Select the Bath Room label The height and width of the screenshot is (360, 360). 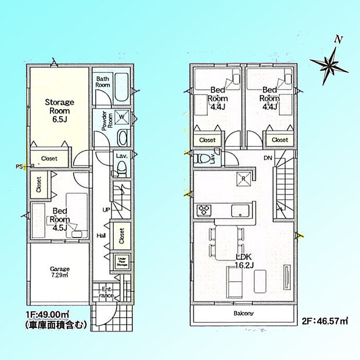103,81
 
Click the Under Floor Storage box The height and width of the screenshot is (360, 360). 121,261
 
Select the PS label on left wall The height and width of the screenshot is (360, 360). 20,166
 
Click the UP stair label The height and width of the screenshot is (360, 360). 106,209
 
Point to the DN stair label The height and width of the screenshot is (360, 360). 268,157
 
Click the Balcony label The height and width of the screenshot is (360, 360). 244,314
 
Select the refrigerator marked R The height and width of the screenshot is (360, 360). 244,179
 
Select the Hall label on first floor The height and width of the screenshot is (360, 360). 101,235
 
